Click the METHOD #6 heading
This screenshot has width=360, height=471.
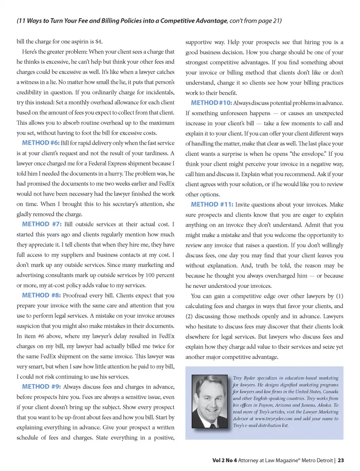coord(40,143)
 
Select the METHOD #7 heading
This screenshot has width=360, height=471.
coord(41,224)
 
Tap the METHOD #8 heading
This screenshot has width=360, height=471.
coord(41,295)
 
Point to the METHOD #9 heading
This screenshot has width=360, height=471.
coord(41,387)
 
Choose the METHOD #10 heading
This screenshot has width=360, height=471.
coord(211,103)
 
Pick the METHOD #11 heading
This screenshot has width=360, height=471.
coord(212,205)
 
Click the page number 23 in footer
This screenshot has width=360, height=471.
coord(340,460)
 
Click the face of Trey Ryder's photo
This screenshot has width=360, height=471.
coord(209,394)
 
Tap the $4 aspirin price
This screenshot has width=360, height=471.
coord(99,42)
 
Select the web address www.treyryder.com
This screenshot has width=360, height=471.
coord(273,418)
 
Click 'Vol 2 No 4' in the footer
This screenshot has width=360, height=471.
coord(224,460)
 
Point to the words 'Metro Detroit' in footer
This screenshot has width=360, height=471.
coord(317,460)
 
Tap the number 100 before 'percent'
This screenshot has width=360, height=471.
coord(150,275)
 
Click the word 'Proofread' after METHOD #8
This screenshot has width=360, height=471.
coord(76,296)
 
